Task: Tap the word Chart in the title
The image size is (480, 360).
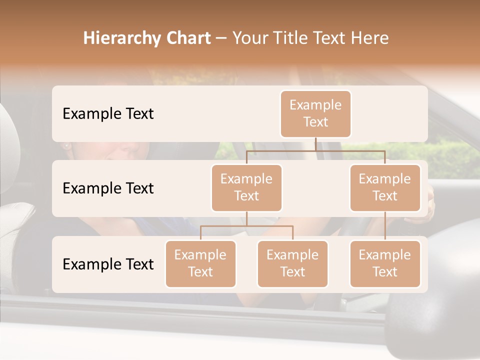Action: [x=189, y=38]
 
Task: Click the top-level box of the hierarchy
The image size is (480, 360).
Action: [x=315, y=113]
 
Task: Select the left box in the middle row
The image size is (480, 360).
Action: [x=246, y=187]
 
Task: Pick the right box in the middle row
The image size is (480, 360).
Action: [x=385, y=187]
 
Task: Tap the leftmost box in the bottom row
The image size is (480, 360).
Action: [x=200, y=263]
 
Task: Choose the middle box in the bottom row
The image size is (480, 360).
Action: [x=292, y=263]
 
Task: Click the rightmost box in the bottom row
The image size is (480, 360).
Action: [x=385, y=263]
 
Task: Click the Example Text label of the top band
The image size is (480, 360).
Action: [x=108, y=113]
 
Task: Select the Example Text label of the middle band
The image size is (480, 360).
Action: [x=108, y=188]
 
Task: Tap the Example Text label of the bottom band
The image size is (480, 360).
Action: [x=108, y=264]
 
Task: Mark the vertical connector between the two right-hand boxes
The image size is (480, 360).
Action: [x=385, y=226]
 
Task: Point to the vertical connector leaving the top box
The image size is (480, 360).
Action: [x=315, y=144]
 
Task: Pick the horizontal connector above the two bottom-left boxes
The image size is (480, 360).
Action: [x=246, y=226]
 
